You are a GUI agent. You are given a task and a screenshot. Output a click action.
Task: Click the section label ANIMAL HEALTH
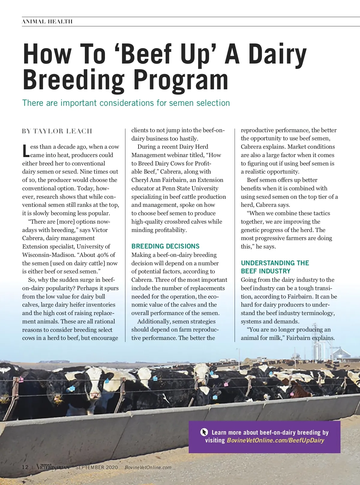pos(47,22)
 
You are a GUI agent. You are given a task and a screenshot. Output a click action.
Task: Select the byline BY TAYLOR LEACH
pos(57,131)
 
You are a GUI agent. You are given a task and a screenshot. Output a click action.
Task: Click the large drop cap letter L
pos(26,151)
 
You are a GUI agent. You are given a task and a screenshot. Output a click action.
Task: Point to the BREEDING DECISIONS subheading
pos(165,246)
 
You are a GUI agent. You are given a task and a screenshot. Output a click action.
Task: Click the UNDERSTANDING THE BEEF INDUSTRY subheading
pos(275,267)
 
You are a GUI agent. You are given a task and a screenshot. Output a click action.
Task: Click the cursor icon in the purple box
pos(204,432)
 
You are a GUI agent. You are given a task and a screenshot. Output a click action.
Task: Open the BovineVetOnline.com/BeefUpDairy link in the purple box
pos(275,440)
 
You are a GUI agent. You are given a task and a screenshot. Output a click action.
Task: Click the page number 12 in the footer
pos(25,467)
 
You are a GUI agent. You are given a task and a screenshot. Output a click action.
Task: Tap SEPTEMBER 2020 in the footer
pos(97,467)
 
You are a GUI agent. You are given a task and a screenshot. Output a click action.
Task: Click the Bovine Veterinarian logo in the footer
pos(53,467)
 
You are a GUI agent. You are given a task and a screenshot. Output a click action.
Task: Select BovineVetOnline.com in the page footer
pos(148,467)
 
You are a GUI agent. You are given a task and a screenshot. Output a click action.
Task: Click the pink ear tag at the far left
pos(21,379)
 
